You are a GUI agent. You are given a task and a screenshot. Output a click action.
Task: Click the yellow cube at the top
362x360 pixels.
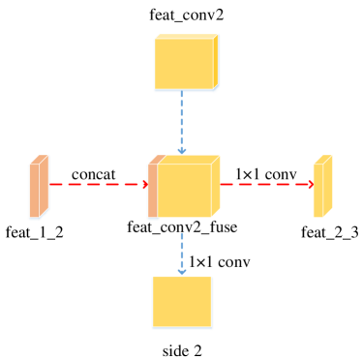point(185,63)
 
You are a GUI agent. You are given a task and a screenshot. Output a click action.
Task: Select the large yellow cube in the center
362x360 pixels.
point(186,188)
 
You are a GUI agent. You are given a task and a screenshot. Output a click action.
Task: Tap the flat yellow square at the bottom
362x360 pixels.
point(182,302)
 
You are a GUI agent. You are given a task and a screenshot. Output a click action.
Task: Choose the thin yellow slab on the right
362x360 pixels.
point(322,186)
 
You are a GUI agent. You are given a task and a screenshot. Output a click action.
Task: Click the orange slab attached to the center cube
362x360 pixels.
point(152,189)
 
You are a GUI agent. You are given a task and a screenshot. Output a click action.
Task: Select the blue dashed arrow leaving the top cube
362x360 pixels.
point(181,121)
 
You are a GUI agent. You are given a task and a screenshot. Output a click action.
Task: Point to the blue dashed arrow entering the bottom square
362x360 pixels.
point(181,252)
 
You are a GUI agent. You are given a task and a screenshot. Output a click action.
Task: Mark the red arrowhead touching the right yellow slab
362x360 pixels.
point(311,184)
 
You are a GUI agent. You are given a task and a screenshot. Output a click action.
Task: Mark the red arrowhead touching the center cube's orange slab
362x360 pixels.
point(145,184)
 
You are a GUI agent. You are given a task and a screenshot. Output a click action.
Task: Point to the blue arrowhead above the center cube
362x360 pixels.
point(181,150)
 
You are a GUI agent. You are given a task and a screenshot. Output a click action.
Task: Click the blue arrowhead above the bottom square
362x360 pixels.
point(181,271)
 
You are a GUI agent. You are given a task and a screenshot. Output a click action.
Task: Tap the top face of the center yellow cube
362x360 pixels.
point(186,159)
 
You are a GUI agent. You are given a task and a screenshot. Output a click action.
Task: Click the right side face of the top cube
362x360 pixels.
point(216,61)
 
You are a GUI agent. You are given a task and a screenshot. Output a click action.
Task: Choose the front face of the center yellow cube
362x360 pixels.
point(183,191)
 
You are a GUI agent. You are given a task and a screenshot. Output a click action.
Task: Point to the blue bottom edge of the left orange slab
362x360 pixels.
point(38,218)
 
